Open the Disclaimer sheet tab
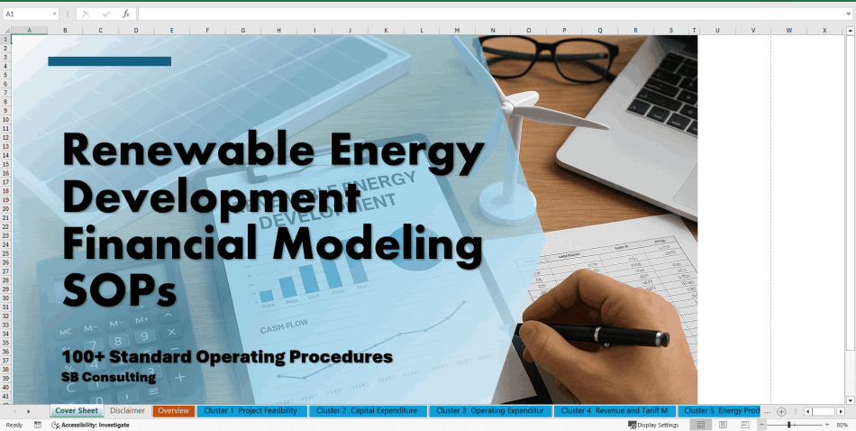[x=127, y=411]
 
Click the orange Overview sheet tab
[x=173, y=411]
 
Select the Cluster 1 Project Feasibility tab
[x=250, y=411]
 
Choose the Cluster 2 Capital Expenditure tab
[x=368, y=411]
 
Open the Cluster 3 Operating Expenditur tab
[x=489, y=411]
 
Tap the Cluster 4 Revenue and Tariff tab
[x=614, y=411]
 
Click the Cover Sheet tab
[x=77, y=411]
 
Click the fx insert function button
[x=125, y=14]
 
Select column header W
[x=788, y=31]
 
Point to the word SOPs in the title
[x=119, y=289]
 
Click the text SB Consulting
[x=108, y=377]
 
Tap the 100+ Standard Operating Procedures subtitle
[x=227, y=357]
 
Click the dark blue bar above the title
[x=109, y=61]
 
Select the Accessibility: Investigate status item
[x=95, y=425]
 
